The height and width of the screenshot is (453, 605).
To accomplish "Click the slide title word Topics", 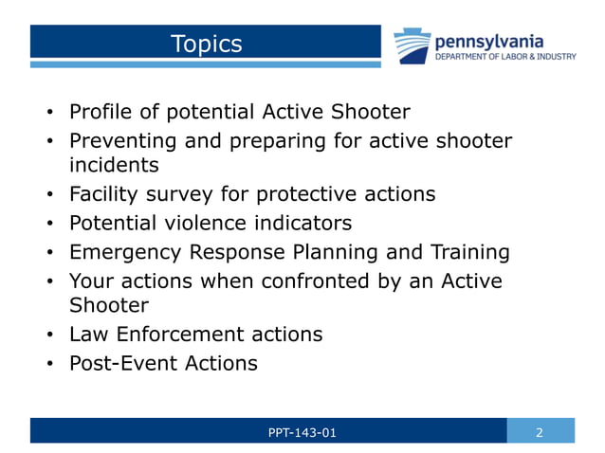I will click(206, 44).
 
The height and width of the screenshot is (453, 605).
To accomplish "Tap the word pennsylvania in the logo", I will click(488, 41).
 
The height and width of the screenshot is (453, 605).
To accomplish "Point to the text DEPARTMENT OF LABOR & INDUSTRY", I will click(504, 57).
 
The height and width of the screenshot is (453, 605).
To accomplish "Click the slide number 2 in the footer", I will click(540, 433).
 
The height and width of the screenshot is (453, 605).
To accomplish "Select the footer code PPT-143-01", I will click(302, 433).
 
